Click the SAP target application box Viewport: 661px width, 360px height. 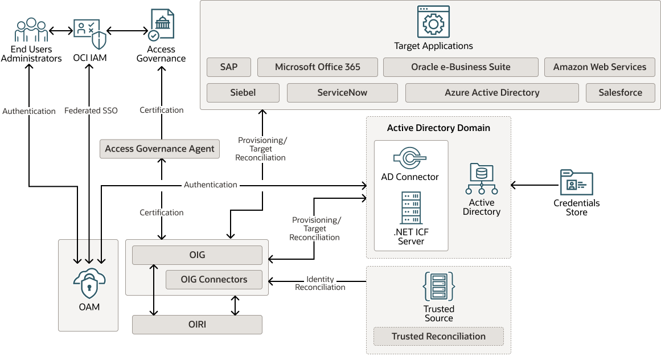click(x=229, y=67)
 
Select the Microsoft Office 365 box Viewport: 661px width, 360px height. click(x=317, y=67)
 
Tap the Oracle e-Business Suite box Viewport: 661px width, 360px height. click(x=461, y=67)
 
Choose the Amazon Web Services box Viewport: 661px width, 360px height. click(x=600, y=67)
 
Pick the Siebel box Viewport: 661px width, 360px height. click(x=243, y=93)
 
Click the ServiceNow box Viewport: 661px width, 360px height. click(x=342, y=93)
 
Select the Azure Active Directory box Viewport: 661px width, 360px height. click(x=492, y=93)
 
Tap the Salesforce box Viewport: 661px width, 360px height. click(x=620, y=93)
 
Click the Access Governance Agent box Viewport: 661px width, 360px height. click(x=159, y=149)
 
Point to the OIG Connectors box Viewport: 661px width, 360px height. click(x=214, y=280)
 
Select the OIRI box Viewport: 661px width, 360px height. click(x=197, y=325)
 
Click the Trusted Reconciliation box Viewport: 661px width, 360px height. click(x=438, y=336)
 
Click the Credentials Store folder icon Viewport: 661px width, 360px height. click(x=576, y=182)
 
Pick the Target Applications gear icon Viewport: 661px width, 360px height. click(x=433, y=22)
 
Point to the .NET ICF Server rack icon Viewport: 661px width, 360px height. click(x=410, y=208)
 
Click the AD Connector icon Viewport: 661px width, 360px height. click(x=410, y=157)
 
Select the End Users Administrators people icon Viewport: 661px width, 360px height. click(x=31, y=30)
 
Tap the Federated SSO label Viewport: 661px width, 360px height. click(x=91, y=111)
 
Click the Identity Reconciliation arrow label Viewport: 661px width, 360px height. click(x=320, y=283)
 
